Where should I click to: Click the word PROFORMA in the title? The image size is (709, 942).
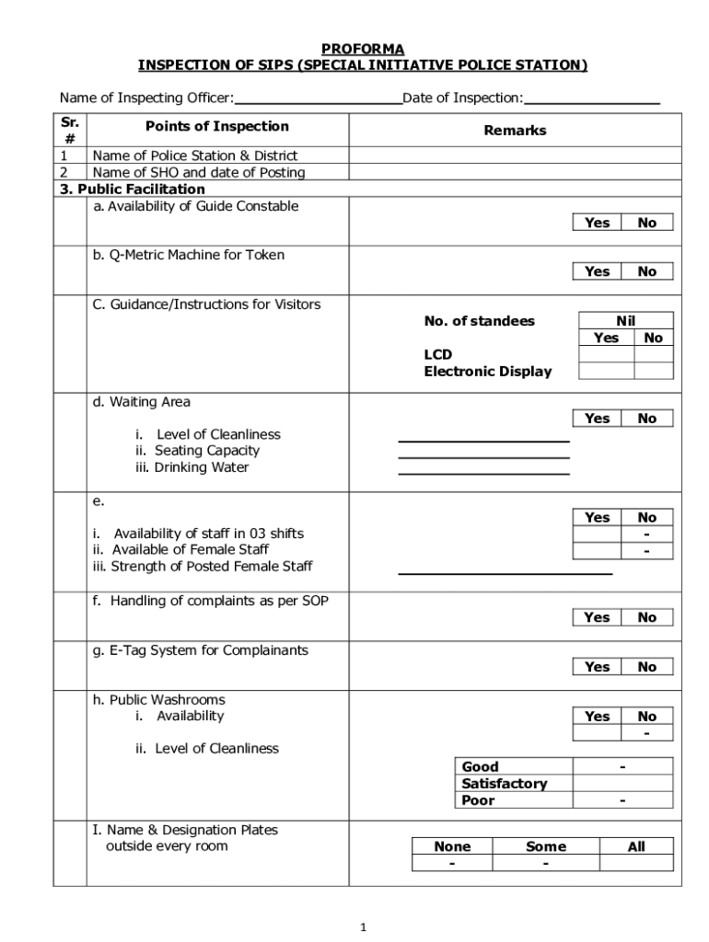pyautogui.click(x=362, y=49)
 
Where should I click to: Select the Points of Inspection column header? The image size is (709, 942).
pyautogui.click(x=216, y=127)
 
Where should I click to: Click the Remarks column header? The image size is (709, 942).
pyautogui.click(x=515, y=131)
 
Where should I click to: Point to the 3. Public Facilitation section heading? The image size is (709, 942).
pyautogui.click(x=132, y=190)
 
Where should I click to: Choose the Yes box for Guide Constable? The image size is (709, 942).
pyautogui.click(x=597, y=223)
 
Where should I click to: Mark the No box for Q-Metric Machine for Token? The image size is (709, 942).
pyautogui.click(x=647, y=271)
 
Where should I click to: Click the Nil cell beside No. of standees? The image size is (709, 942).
pyautogui.click(x=625, y=320)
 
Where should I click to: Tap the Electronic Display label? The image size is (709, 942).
pyautogui.click(x=487, y=372)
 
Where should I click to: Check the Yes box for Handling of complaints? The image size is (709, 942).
pyautogui.click(x=597, y=617)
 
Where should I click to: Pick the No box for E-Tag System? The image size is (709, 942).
pyautogui.click(x=647, y=667)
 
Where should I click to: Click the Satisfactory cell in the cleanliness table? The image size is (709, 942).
pyautogui.click(x=504, y=784)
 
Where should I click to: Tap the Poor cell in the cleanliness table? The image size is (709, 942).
pyautogui.click(x=479, y=800)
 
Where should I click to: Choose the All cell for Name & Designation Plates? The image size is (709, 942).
pyautogui.click(x=636, y=846)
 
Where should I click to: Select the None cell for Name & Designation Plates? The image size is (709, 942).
pyautogui.click(x=451, y=846)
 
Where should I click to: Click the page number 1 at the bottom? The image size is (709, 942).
pyautogui.click(x=364, y=927)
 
